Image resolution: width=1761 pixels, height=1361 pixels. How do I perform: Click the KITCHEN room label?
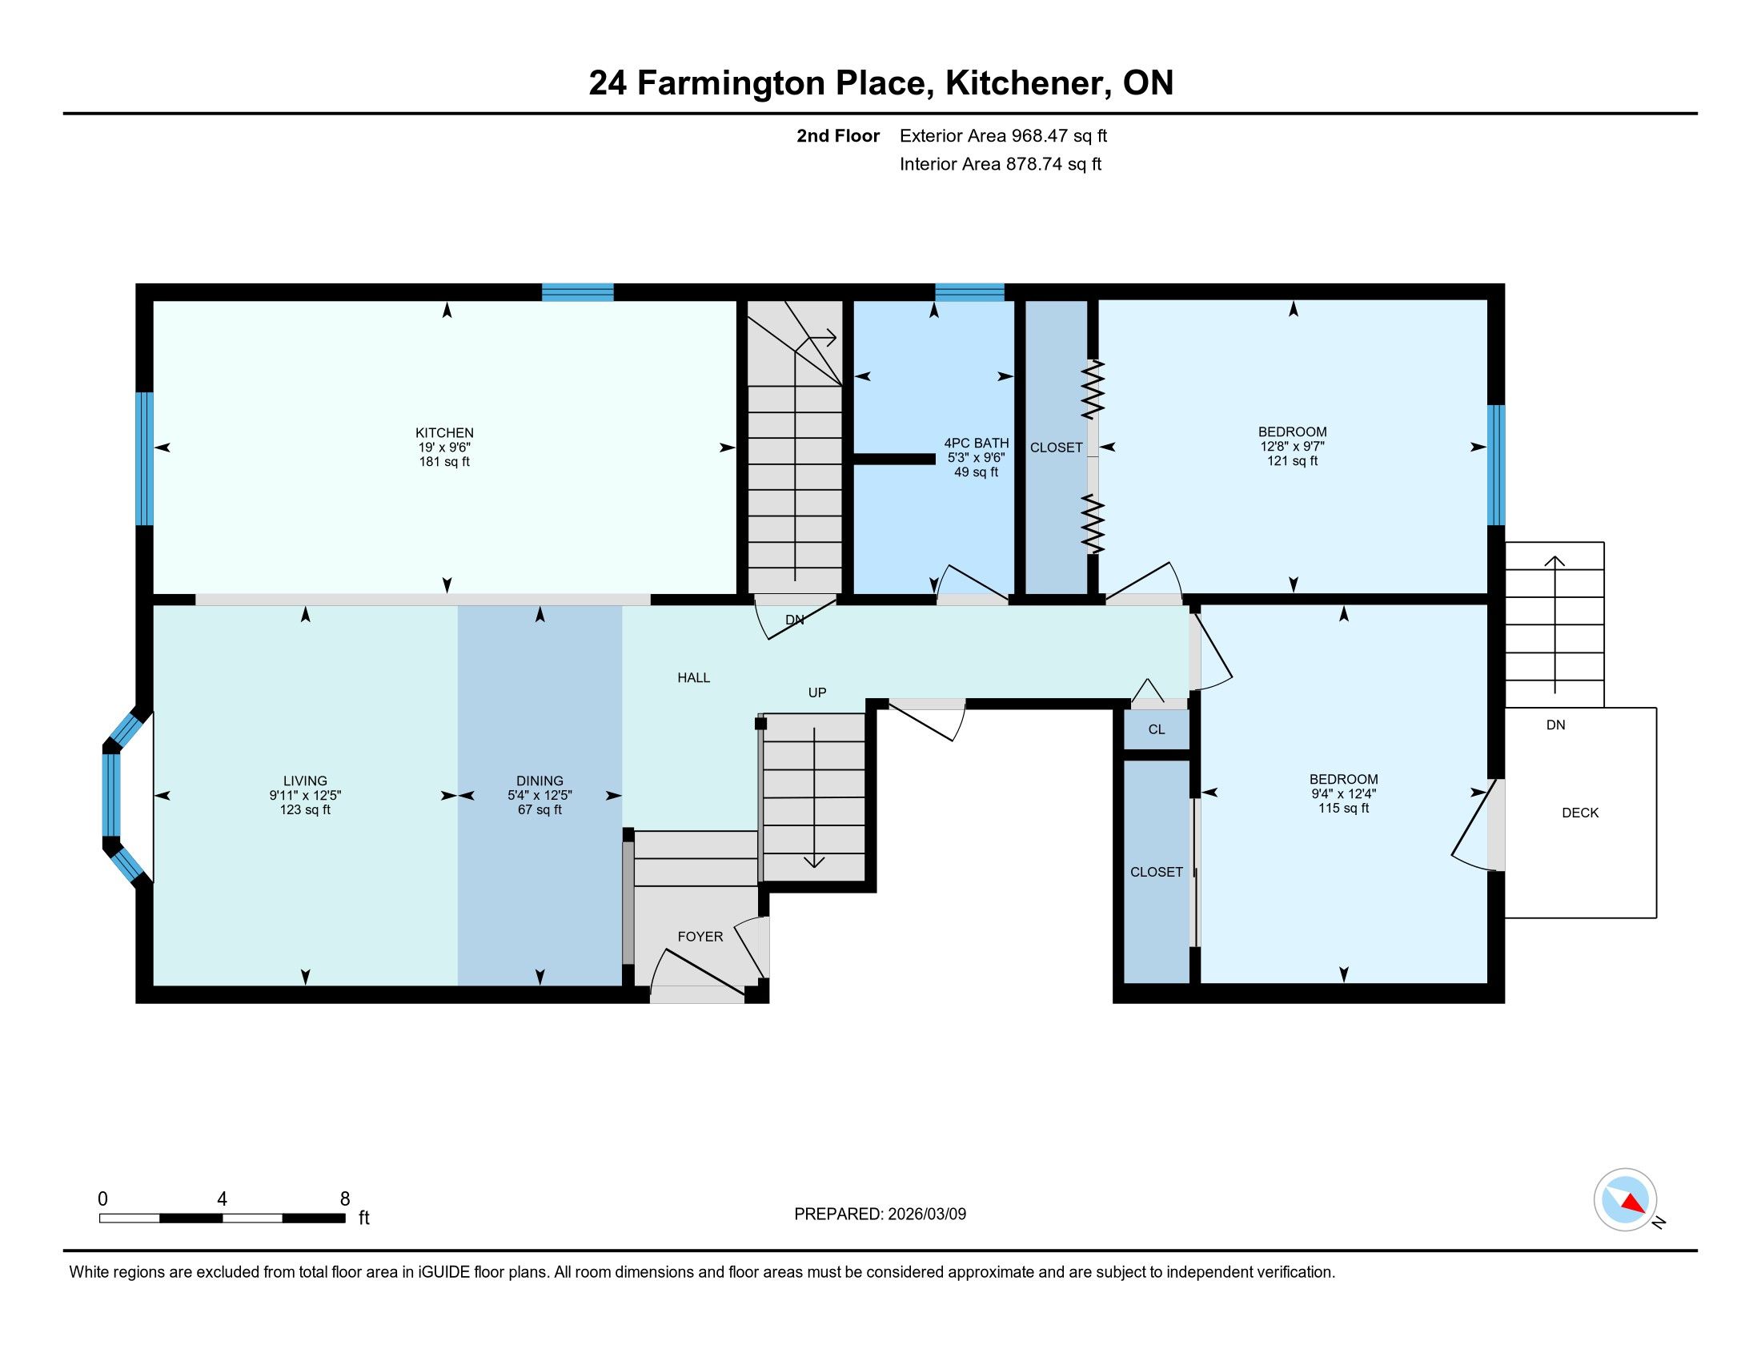444,433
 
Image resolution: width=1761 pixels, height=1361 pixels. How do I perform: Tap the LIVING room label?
305,781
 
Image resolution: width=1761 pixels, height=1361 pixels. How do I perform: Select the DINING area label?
540,781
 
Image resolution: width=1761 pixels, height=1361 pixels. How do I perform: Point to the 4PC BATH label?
977,443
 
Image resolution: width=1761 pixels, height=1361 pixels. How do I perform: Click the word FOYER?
700,936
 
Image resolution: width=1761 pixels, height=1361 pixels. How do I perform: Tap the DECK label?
1579,813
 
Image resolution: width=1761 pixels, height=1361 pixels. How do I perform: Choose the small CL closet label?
1157,729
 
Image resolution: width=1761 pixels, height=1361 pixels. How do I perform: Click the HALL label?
693,677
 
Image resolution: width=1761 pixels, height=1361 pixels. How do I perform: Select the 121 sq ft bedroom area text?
1293,460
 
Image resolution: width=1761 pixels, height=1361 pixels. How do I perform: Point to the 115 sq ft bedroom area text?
1343,808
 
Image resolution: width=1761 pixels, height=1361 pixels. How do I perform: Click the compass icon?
1625,1200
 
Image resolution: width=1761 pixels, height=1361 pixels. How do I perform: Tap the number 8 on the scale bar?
345,1199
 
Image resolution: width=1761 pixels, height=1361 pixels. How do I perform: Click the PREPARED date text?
880,1214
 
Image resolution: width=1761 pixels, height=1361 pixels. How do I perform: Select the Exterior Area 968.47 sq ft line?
1003,135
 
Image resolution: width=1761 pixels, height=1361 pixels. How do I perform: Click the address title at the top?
880,82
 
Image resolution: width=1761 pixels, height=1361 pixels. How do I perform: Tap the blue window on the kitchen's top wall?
577,292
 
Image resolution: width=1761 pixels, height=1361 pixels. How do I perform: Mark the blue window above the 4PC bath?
969,292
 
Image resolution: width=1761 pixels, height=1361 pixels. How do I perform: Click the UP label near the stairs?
816,693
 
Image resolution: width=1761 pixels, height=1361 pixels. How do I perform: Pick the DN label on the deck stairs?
1555,725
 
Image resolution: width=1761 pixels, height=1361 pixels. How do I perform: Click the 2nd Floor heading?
838,135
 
